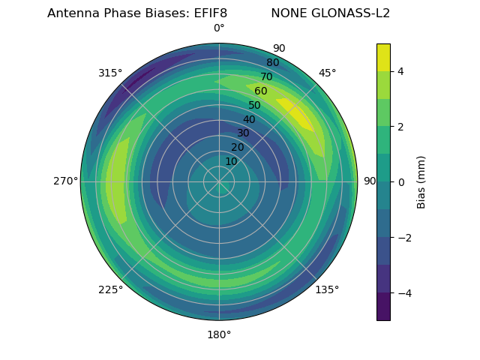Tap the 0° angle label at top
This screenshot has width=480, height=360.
click(219, 28)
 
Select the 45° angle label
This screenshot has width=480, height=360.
click(327, 73)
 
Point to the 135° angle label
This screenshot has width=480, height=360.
click(327, 289)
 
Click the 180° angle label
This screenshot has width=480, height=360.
click(219, 334)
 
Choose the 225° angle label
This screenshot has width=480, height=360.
click(110, 290)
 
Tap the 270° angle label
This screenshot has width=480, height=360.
click(65, 181)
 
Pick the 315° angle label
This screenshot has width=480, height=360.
click(110, 73)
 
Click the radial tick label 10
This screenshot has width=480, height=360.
click(231, 161)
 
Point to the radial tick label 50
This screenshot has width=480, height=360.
click(255, 106)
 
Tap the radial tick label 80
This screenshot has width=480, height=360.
click(272, 63)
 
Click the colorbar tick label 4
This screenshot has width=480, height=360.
click(400, 71)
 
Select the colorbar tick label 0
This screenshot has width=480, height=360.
click(400, 182)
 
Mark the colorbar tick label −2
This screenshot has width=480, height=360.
click(403, 238)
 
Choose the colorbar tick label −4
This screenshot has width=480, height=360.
click(403, 293)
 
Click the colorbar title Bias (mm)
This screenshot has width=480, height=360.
click(421, 182)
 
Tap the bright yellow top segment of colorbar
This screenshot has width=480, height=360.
click(383, 57)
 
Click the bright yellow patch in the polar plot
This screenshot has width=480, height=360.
click(298, 115)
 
